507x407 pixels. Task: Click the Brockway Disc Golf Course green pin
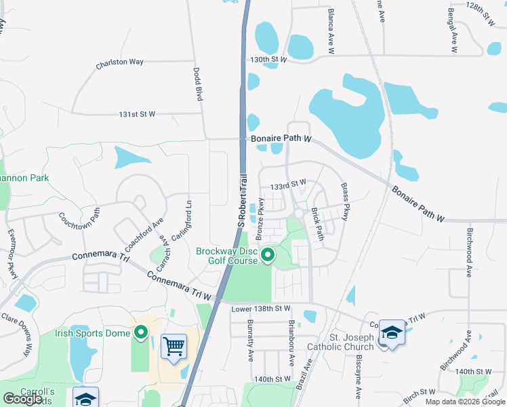(268, 256)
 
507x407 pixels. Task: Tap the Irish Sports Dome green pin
(141, 332)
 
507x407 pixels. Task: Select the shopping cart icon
(174, 346)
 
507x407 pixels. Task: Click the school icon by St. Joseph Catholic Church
(391, 332)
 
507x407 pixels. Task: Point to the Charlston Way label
(119, 62)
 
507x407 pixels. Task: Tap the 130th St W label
(268, 60)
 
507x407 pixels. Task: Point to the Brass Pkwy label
(346, 202)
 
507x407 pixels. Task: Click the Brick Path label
(317, 223)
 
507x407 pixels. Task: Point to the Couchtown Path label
(80, 221)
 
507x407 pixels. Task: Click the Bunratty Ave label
(250, 339)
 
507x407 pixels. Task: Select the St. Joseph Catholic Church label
(341, 342)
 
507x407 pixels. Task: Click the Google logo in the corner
(23, 398)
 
